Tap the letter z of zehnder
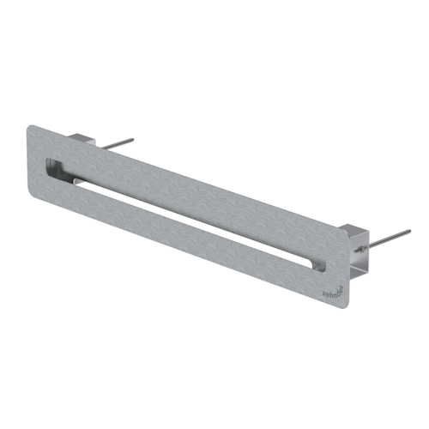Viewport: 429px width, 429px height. (x=323, y=293)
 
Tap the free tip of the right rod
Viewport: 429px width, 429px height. (x=410, y=231)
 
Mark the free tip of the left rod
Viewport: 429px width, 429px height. (x=133, y=137)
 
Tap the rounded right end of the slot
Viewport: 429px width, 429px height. (x=321, y=264)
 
